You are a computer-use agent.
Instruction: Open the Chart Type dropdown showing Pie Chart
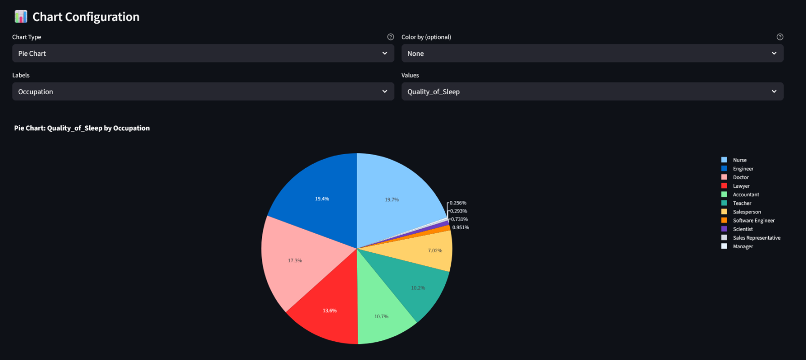[x=203, y=53]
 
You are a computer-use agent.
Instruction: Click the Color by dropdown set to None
[x=592, y=53]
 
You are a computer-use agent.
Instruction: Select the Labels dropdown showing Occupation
[x=203, y=92]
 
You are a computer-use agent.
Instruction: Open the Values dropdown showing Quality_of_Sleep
[x=592, y=92]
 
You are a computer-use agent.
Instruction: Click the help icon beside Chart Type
[x=390, y=37]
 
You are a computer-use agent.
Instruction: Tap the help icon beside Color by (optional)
[x=780, y=37]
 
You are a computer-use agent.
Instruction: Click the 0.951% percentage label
[x=460, y=228]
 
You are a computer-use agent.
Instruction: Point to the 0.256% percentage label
[x=458, y=203]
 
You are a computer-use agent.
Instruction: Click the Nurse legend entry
[x=740, y=160]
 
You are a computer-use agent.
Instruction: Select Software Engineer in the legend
[x=754, y=221]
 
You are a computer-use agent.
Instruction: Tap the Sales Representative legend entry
[x=756, y=238]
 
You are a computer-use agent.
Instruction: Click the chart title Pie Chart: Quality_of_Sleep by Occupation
[x=82, y=128]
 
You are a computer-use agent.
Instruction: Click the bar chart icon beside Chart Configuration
[x=21, y=17]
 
